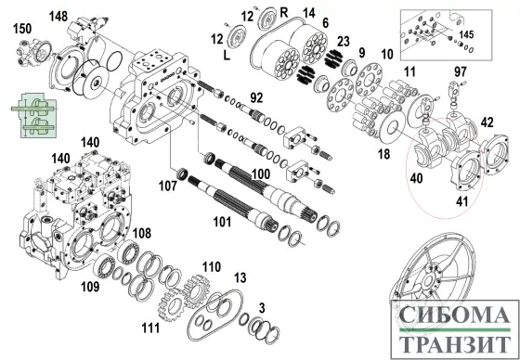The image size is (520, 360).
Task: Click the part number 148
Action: tap(58, 17)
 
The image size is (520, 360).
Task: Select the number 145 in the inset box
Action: tap(466, 34)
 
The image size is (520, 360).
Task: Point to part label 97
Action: tap(461, 71)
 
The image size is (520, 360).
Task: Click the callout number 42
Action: tap(486, 122)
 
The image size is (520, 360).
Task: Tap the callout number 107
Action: tap(167, 186)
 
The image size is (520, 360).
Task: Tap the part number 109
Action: tap(90, 288)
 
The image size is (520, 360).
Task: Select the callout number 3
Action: tap(262, 307)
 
